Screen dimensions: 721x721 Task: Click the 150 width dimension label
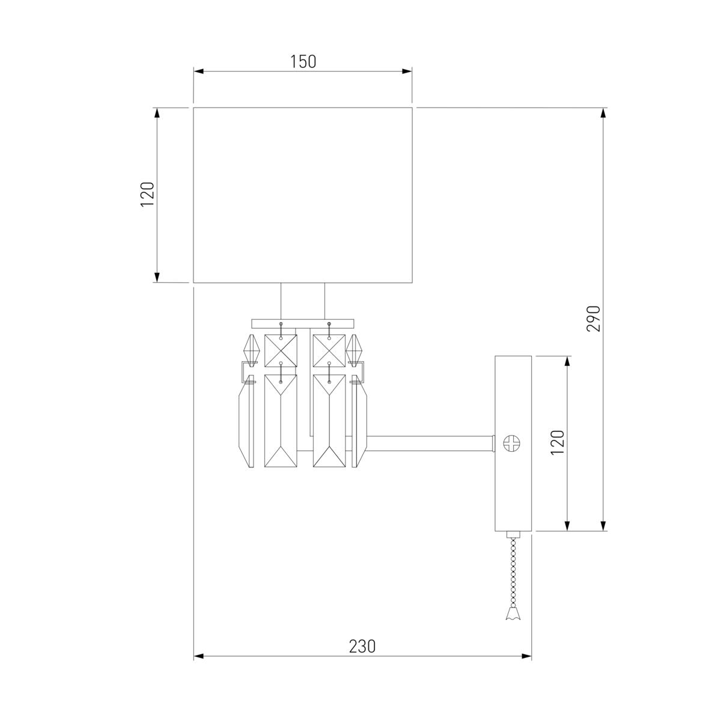(303, 61)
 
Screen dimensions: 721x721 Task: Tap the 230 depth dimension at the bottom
(362, 646)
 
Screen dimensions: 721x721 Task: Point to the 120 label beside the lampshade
(148, 195)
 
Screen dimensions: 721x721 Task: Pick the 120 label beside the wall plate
(558, 443)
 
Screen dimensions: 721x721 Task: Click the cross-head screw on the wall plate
(513, 443)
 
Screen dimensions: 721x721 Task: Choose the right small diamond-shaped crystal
(355, 349)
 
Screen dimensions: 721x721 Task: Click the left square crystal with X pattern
(281, 350)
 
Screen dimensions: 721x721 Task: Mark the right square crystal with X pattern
(329, 350)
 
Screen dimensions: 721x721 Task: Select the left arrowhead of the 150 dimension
(198, 71)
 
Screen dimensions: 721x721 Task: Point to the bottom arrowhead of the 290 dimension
(604, 526)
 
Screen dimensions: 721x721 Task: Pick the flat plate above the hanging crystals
(303, 323)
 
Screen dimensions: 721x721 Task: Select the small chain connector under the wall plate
(513, 535)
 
